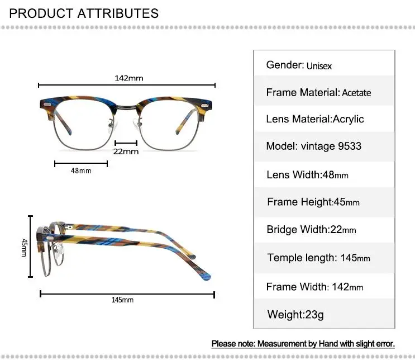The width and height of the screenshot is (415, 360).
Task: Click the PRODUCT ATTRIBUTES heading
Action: tap(84, 13)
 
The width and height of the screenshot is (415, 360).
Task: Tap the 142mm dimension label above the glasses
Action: tap(129, 78)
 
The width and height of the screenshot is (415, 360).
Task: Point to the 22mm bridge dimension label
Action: tap(126, 151)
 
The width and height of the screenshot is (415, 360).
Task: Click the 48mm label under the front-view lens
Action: tap(81, 170)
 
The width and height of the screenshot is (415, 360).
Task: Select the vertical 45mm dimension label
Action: tap(24, 247)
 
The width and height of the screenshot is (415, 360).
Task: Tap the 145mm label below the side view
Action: tap(123, 300)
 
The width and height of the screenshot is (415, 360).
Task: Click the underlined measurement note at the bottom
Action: tap(303, 343)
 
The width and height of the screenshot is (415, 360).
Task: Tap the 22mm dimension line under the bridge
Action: tap(126, 143)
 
